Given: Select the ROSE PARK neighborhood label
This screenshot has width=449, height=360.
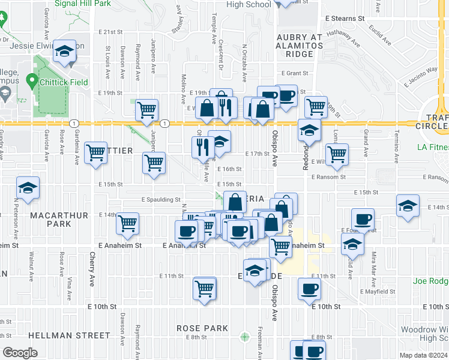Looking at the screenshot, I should [202, 328].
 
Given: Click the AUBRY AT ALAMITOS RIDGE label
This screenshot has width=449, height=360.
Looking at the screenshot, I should [300, 46].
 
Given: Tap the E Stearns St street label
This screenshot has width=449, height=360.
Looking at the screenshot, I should [344, 19].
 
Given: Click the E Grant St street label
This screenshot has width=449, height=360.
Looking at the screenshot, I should [294, 73].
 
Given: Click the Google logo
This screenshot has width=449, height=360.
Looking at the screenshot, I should [20, 353].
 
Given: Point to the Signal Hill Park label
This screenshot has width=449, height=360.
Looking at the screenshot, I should [83, 4].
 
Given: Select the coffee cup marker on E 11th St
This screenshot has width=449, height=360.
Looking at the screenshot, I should [310, 289].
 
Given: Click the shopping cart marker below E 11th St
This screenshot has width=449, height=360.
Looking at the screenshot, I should [205, 289].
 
